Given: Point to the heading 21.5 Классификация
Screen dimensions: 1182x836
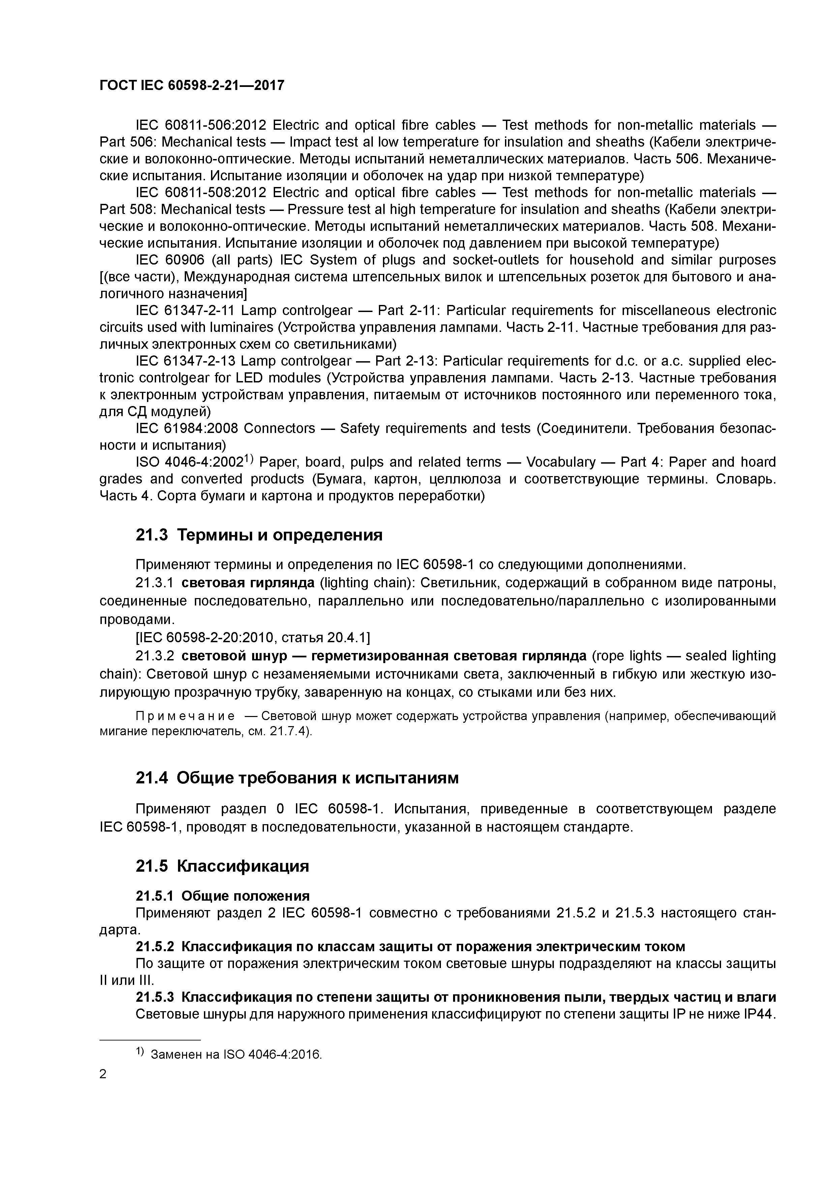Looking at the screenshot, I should [222, 866].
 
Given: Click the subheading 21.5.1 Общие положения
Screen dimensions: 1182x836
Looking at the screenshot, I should [222, 896].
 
